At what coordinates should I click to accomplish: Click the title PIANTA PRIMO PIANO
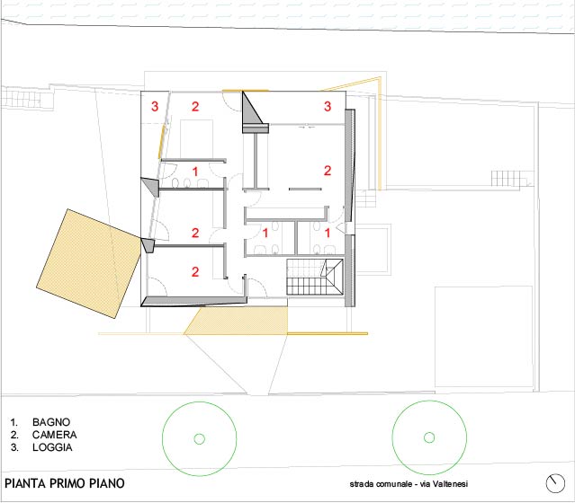(x=65, y=483)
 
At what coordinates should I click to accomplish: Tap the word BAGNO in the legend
(x=51, y=422)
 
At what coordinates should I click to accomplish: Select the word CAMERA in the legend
(x=54, y=435)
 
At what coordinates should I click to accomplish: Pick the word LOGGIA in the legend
(x=52, y=447)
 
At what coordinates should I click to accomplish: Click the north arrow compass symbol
(x=555, y=483)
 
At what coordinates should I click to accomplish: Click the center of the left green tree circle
(x=200, y=438)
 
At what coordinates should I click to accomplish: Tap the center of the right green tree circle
(x=429, y=437)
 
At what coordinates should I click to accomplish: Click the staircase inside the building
(x=315, y=277)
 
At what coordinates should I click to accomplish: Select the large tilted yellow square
(x=89, y=263)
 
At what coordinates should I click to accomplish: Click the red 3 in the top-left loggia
(x=155, y=107)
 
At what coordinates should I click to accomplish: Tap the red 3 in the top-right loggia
(x=328, y=106)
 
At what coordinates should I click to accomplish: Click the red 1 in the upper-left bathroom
(x=195, y=172)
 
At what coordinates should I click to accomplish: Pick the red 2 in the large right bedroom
(x=328, y=171)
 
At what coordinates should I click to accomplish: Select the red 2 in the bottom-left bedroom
(x=195, y=271)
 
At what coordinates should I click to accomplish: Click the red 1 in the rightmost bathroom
(x=328, y=233)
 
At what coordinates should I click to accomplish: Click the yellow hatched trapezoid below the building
(x=237, y=321)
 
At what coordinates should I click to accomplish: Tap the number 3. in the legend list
(x=14, y=447)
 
